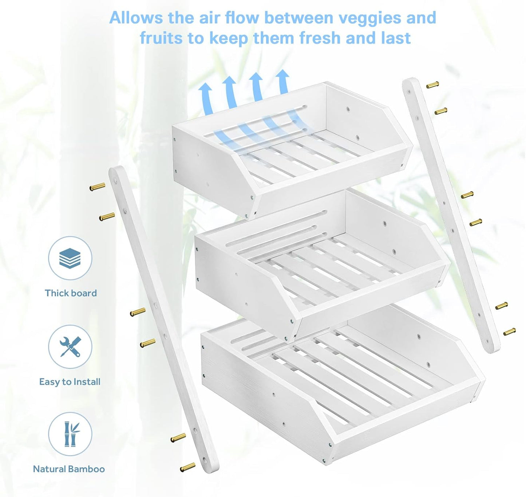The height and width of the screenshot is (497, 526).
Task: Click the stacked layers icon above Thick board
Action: pos(70,258)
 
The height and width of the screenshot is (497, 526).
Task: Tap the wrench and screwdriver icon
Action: pos(70,347)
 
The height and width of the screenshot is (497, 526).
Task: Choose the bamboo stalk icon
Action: pos(71,434)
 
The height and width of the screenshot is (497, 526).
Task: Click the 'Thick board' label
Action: pos(71,293)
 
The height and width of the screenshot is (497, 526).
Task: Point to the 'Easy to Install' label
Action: pos(70,382)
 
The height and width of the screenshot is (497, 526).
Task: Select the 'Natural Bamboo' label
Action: pos(69,469)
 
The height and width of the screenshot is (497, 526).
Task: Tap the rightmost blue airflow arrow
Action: pos(282,82)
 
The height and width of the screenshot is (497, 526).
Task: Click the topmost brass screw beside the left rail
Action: pos(97,187)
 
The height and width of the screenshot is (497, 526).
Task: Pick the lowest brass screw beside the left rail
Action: pos(187,467)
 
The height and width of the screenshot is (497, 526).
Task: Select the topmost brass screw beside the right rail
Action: pos(432,85)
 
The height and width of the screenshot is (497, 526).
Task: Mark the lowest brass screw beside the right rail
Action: pos(510,332)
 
